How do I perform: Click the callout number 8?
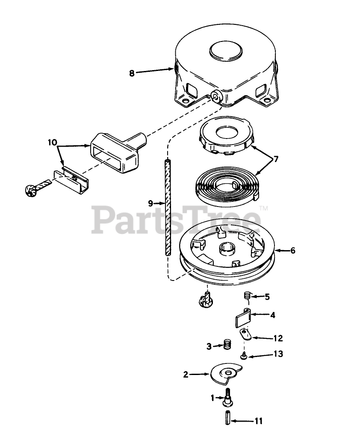[132, 73]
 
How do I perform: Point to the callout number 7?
[276, 159]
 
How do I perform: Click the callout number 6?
[292, 251]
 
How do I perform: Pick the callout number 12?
[278, 338]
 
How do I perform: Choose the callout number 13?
[278, 354]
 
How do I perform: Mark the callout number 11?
[258, 421]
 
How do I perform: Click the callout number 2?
[186, 375]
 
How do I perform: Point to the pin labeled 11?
[227, 417]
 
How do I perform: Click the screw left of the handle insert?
[32, 190]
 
